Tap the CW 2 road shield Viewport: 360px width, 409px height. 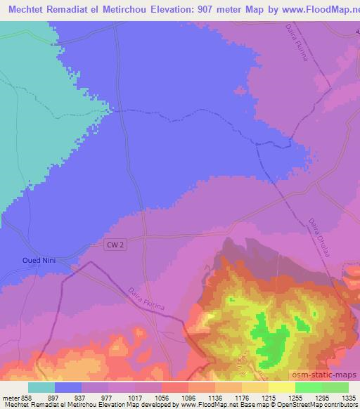coord(115,244)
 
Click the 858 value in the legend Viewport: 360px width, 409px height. coord(26,397)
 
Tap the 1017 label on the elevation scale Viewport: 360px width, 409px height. coord(134,397)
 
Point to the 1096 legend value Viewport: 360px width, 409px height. coord(188,397)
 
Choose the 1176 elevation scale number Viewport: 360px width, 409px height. coord(243,397)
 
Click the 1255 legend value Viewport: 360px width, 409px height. coord(296,397)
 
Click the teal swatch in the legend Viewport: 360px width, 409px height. coord(41,387)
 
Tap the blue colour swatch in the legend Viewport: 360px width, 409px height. coord(68,387)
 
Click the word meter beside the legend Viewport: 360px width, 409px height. coord(10,397)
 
